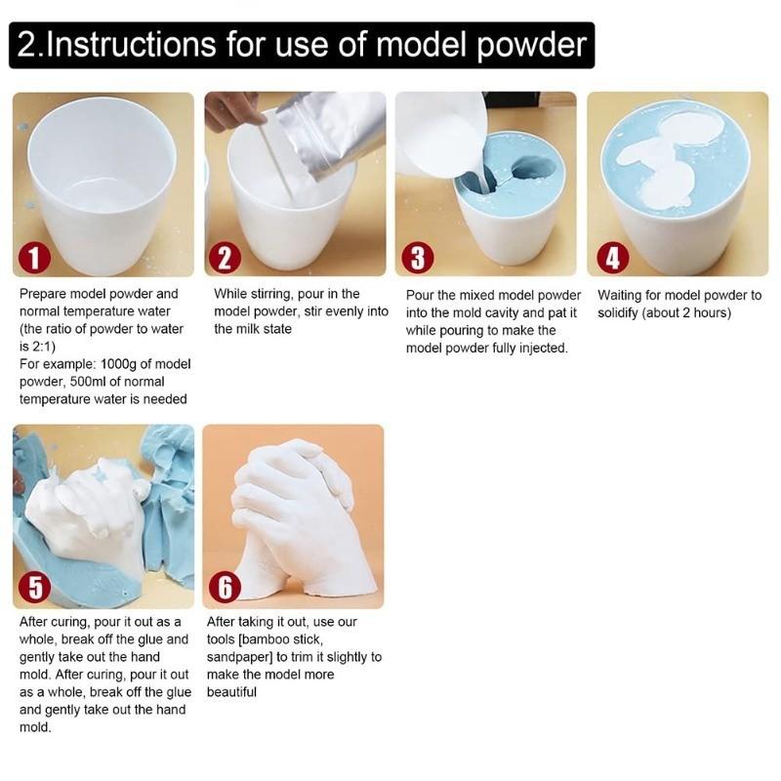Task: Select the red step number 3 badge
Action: click(x=417, y=258)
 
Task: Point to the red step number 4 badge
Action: click(x=612, y=258)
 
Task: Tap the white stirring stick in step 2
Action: click(x=278, y=161)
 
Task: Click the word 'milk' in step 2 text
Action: click(x=252, y=329)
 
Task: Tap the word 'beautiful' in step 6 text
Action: click(x=232, y=692)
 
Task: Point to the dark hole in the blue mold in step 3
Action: click(x=532, y=168)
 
